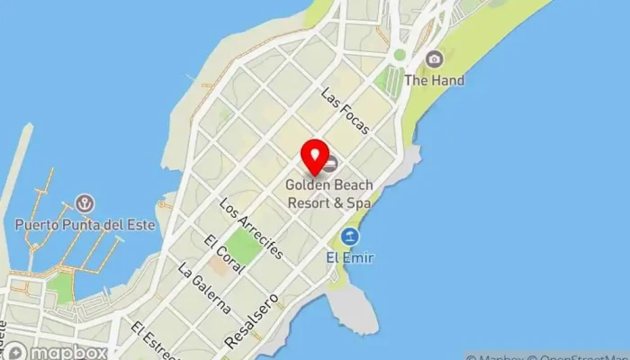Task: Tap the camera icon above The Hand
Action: (x=435, y=59)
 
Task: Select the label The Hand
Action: (x=435, y=80)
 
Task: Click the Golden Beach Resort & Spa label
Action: (x=328, y=193)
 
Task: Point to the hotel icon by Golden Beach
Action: (x=331, y=164)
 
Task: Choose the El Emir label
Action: (x=351, y=258)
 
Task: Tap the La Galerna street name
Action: (x=204, y=288)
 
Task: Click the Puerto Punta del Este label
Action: (x=85, y=224)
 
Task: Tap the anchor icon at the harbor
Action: (x=86, y=203)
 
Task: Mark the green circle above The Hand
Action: (x=400, y=55)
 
